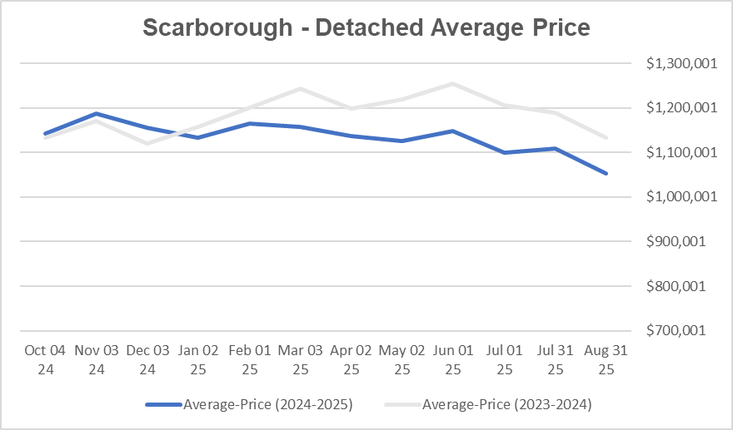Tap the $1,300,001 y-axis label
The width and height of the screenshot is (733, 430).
coord(676,63)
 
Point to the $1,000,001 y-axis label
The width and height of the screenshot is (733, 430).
coord(676,197)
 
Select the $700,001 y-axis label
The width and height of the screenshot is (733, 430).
coord(676,331)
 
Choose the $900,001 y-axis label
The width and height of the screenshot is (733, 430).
coord(676,242)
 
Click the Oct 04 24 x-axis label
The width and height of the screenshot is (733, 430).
coord(45,359)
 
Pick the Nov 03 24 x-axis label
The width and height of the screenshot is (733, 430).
coord(97,359)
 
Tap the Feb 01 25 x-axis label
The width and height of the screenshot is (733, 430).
coord(249,359)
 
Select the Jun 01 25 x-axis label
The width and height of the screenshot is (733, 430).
coord(452,359)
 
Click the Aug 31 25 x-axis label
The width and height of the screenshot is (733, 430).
coord(606,359)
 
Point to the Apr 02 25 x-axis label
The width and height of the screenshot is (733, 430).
coord(351,359)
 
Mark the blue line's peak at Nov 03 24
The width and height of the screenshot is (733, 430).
coord(97,113)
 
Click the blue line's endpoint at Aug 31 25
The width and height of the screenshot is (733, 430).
coord(606,173)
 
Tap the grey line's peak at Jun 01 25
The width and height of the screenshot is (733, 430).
coord(452,83)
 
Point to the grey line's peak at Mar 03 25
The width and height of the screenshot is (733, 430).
coord(300,88)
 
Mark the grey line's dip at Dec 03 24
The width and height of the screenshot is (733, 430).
coord(147,143)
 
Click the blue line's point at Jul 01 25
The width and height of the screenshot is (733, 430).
coord(504,152)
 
